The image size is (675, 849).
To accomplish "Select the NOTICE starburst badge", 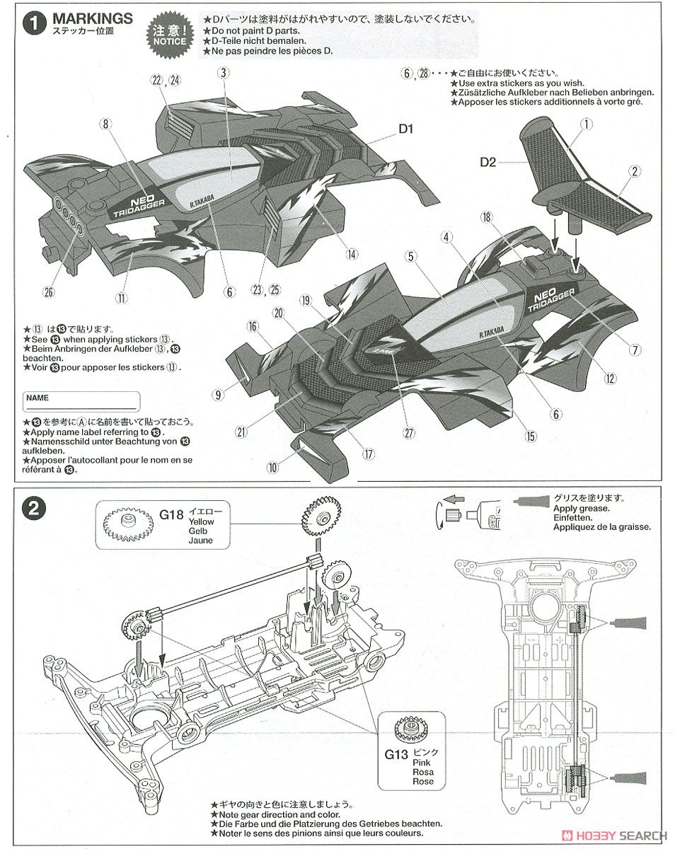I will pos(169,33).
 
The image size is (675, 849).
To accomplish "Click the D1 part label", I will pos(405,129).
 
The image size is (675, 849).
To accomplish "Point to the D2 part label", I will pos(487,161).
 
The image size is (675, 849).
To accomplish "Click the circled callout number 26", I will pos(49,291).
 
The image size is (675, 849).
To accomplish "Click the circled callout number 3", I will pos(223,72).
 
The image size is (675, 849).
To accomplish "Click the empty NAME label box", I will pos(81,403).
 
